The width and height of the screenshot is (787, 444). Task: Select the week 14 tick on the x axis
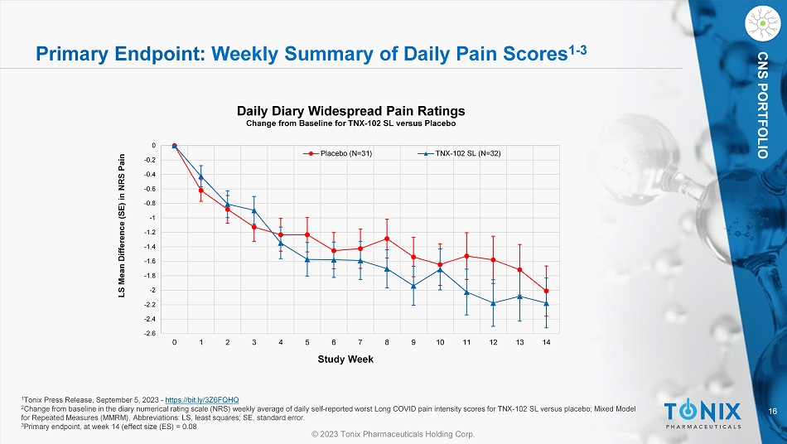click(546, 342)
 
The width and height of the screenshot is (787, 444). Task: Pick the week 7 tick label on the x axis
click(360, 342)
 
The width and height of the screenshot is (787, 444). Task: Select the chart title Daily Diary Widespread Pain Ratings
click(351, 110)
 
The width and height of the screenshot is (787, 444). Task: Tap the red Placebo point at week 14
click(546, 291)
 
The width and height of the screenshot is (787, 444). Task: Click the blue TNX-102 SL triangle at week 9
click(413, 286)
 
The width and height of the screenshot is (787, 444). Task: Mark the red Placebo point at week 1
click(201, 191)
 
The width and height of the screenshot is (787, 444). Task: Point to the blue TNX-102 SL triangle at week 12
click(493, 303)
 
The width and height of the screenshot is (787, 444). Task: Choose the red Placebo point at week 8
click(387, 239)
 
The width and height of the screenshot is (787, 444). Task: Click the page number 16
click(772, 411)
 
